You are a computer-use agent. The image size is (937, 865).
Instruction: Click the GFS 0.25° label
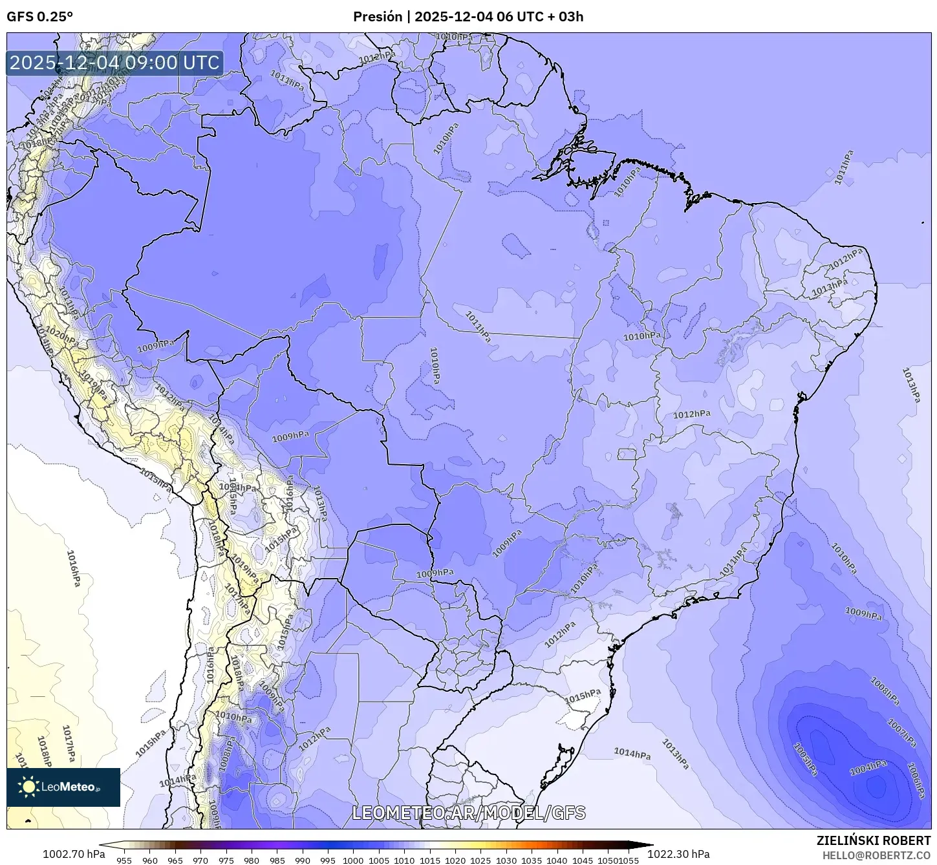click(x=39, y=17)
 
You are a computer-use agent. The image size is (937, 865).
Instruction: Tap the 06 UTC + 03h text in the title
click(x=539, y=17)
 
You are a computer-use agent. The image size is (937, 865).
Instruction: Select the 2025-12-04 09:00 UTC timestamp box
click(x=114, y=63)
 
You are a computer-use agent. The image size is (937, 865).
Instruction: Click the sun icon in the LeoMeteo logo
click(x=29, y=787)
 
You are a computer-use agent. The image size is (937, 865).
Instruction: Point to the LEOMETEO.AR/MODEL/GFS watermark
click(x=468, y=813)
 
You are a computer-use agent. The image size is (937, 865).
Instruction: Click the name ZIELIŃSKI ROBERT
click(x=873, y=841)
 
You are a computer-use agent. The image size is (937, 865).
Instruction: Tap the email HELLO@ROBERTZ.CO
click(x=876, y=855)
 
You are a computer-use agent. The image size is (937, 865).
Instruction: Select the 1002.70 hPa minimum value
click(x=74, y=854)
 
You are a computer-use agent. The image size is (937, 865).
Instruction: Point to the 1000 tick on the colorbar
click(x=353, y=860)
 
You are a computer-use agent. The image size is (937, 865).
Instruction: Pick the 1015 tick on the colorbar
click(x=429, y=860)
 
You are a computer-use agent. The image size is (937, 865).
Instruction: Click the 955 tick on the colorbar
click(x=124, y=860)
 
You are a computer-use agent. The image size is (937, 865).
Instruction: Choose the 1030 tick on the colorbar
click(x=506, y=860)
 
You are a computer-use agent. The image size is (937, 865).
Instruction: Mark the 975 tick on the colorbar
click(x=226, y=860)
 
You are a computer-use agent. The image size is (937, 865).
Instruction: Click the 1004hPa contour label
click(x=867, y=767)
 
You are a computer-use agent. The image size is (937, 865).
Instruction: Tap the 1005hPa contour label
click(x=805, y=759)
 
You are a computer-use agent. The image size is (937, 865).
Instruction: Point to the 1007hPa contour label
click(x=901, y=733)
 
